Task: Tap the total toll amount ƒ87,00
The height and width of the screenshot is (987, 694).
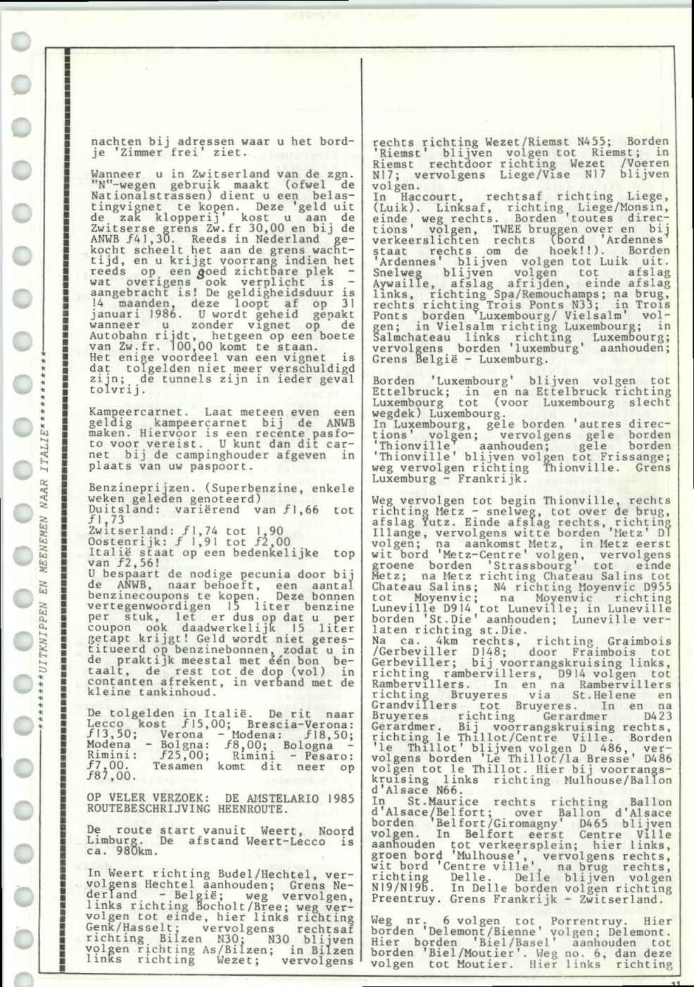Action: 108,777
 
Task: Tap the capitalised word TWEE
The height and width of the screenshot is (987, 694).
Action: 507,230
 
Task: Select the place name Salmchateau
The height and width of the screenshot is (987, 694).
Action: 407,337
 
